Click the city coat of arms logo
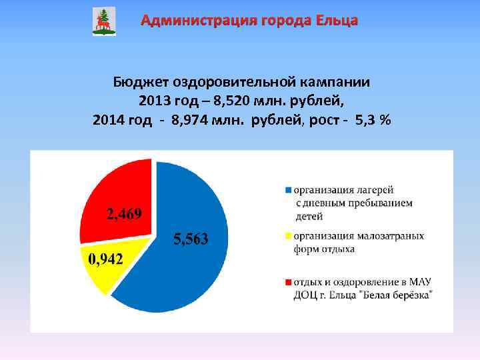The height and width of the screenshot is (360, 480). click(103, 21)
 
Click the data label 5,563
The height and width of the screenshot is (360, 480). click(191, 239)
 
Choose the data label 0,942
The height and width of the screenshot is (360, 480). click(106, 259)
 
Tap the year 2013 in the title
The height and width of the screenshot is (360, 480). click(154, 101)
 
